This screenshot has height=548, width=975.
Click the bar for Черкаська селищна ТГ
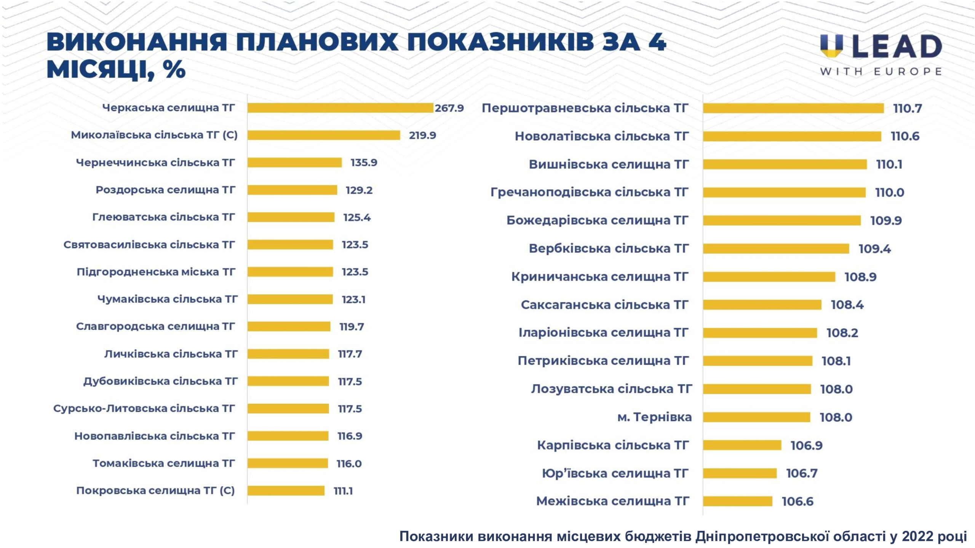pos(340,108)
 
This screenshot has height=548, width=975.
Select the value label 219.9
pos(422,135)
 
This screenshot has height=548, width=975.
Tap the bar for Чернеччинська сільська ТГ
pos(294,163)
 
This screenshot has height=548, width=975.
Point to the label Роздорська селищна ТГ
pos(165,190)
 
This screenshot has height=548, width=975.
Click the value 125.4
pos(357,218)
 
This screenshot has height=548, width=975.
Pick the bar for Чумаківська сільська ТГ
pos(290,299)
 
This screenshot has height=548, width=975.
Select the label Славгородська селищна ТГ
pos(155,327)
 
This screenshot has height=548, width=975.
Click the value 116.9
pos(350,436)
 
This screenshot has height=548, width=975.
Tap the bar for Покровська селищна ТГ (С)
pos(286,491)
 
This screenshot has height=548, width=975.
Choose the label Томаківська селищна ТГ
pos(164,464)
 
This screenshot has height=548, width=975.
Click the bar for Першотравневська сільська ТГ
pos(793,108)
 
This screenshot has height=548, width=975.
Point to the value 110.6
pos(905,136)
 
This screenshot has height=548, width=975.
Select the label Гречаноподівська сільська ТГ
pos(589,192)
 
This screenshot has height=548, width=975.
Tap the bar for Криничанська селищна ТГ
pos(769,277)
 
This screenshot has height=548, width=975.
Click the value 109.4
pos(874,249)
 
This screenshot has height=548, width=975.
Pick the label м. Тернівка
pos(654,417)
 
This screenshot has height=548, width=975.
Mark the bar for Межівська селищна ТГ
pos(737,502)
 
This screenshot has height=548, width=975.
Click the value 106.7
pos(802,473)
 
